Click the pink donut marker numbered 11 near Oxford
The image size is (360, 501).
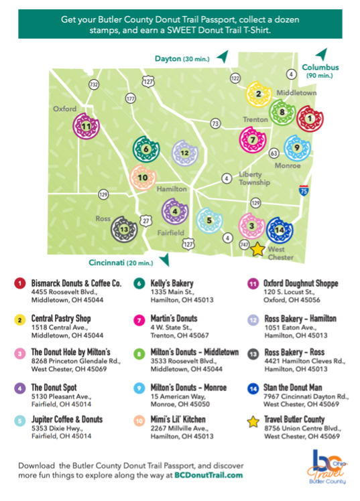pyautogui.click(x=86, y=125)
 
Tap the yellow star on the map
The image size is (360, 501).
pyautogui.click(x=257, y=248)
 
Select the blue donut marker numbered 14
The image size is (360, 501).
pyautogui.click(x=280, y=230)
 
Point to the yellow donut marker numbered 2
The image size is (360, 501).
pyautogui.click(x=258, y=94)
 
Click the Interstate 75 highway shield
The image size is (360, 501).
pyautogui.click(x=304, y=191)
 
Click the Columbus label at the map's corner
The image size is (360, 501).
pyautogui.click(x=320, y=67)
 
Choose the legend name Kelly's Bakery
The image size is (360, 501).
pyautogui.click(x=166, y=283)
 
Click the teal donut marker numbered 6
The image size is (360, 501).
pyautogui.click(x=145, y=149)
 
